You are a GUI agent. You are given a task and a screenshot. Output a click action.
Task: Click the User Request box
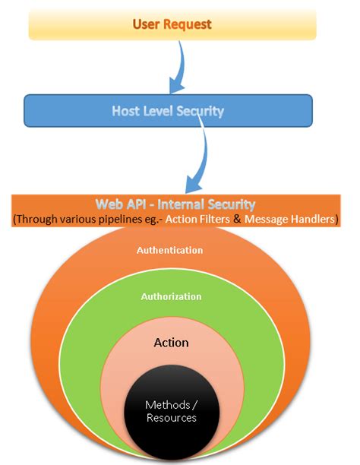[171, 24]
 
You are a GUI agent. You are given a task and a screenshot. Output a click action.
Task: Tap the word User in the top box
[147, 24]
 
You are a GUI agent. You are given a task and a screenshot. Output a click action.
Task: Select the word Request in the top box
[188, 24]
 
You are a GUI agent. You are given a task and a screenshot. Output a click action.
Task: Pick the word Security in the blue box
[200, 111]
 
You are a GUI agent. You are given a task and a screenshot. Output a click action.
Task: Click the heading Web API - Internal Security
[175, 204]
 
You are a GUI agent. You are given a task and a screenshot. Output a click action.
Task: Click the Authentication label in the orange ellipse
[170, 249]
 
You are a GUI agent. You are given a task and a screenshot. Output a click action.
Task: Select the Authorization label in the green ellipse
[171, 296]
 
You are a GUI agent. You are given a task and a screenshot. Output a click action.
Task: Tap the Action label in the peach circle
[171, 343]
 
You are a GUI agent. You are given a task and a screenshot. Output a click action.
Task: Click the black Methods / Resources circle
[171, 410]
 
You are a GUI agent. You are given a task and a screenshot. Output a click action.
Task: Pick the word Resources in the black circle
[171, 418]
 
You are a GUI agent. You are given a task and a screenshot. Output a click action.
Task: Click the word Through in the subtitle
[36, 219]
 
